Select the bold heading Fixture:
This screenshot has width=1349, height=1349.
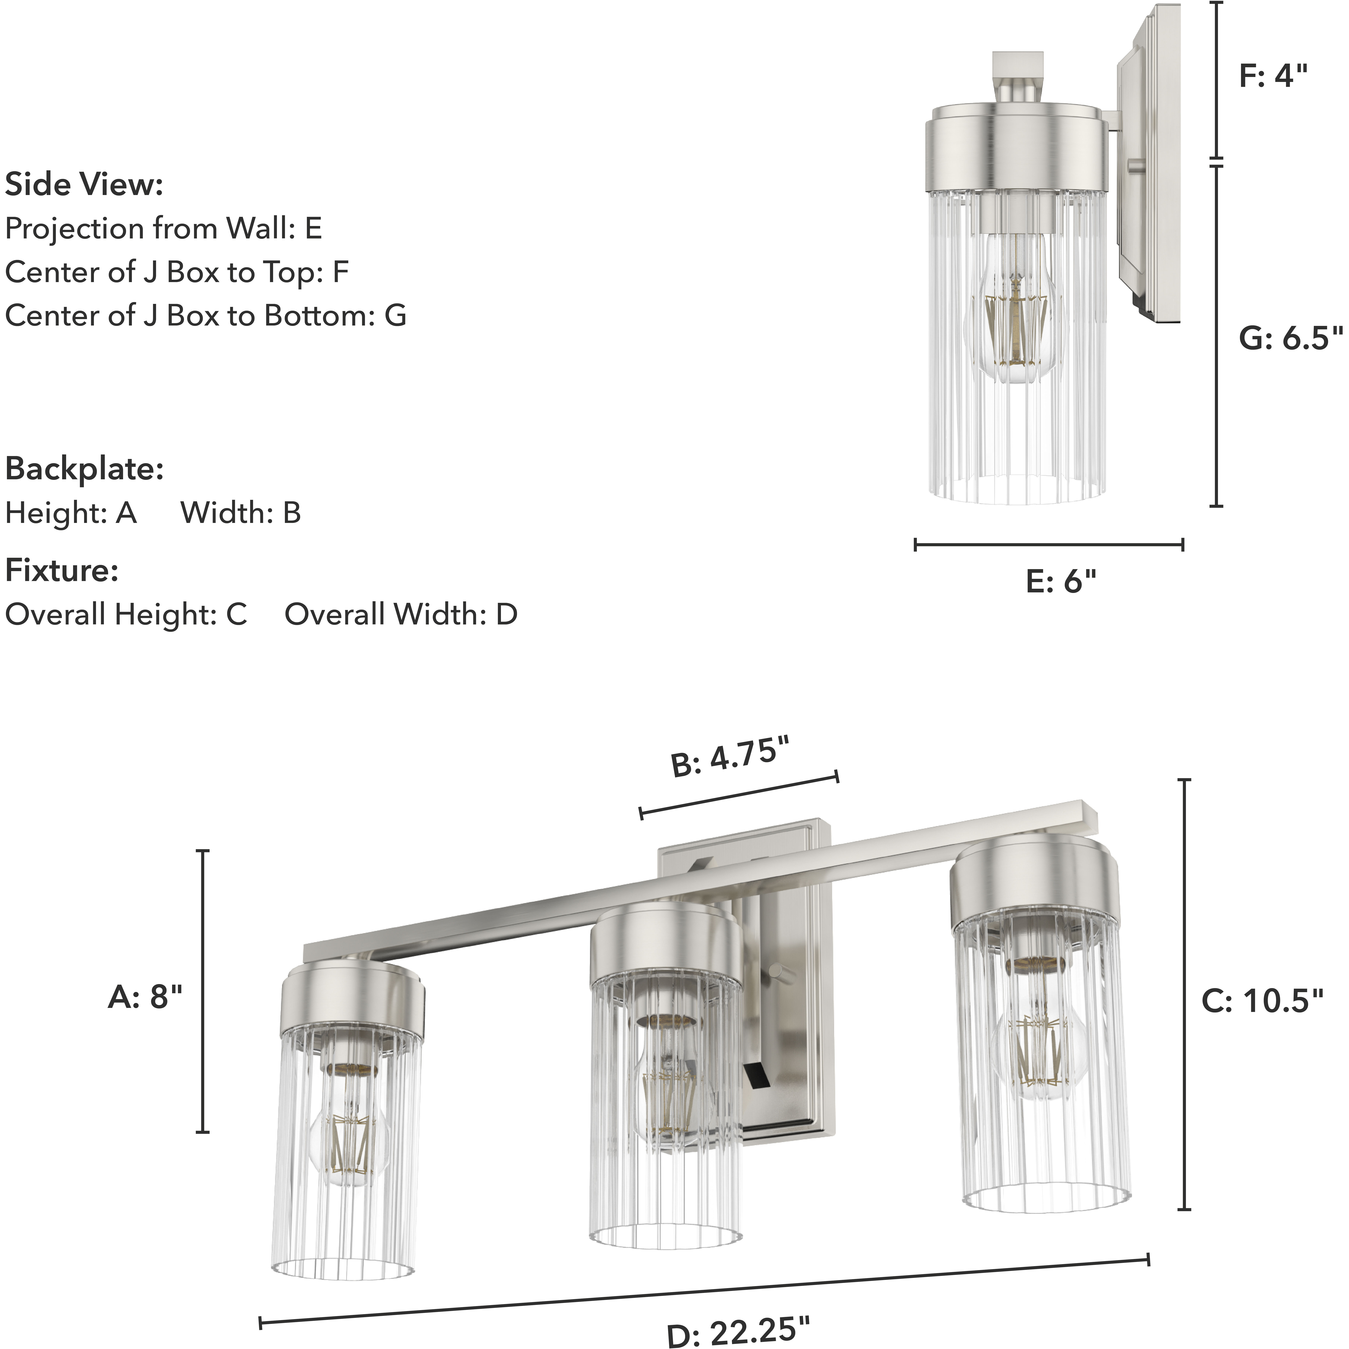point(61,570)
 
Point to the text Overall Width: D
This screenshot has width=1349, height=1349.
point(401,614)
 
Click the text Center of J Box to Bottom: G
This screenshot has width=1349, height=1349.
point(205,316)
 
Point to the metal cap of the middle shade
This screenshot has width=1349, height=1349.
point(665,943)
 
